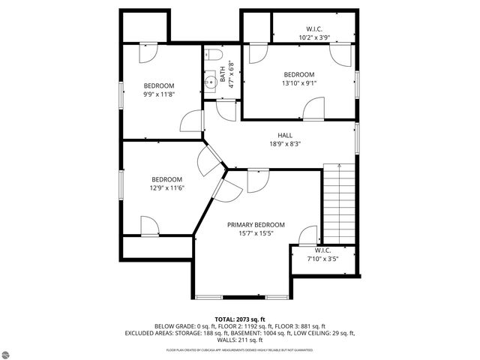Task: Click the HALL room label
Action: point(285,136)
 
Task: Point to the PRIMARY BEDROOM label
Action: point(256,225)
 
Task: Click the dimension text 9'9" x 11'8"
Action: point(158,94)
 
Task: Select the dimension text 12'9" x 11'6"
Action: point(166,187)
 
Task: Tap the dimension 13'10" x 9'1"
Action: point(298,83)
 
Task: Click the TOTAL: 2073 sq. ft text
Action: point(240,319)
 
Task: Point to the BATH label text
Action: point(223,75)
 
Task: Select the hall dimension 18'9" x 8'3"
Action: point(285,144)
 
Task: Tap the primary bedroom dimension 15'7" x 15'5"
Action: point(256,233)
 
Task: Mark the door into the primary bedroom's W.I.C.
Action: point(308,237)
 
